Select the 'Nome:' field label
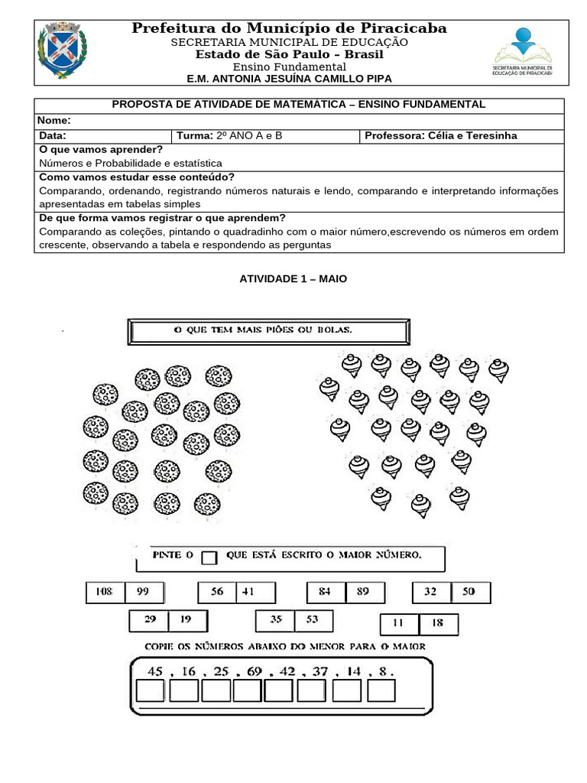pos(54,120)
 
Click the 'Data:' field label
pos(52,135)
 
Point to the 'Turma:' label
pos(194,135)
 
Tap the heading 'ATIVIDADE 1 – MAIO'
pos(293,279)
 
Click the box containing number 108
pos(105,592)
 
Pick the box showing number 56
pos(217,592)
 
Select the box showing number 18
pos(438,624)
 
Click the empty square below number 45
pos(151,690)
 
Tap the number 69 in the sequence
pos(255,671)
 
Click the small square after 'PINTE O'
pos(209,557)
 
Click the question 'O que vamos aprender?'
pos(101,149)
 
